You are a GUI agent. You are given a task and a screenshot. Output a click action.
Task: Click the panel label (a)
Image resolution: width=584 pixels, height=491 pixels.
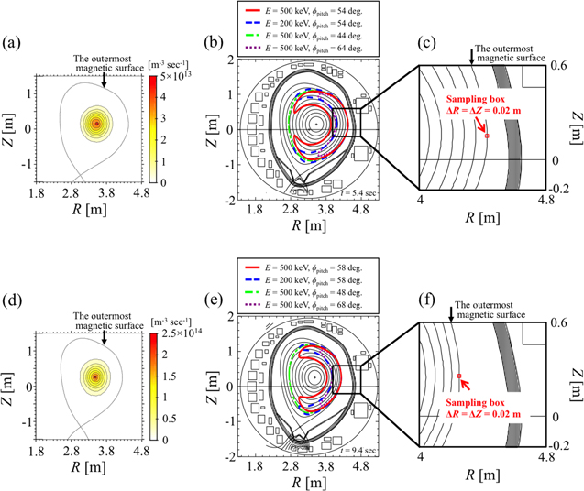pos(15,41)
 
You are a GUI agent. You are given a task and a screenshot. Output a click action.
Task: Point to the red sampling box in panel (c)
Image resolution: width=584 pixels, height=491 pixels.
pos(487,136)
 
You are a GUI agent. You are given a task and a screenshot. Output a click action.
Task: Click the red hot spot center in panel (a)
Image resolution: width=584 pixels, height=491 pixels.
pos(96,123)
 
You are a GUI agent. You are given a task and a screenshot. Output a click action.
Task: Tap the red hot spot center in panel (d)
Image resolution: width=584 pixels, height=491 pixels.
pos(95,376)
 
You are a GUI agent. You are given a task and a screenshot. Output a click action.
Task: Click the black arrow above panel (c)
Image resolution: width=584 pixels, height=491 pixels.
pos(471,57)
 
